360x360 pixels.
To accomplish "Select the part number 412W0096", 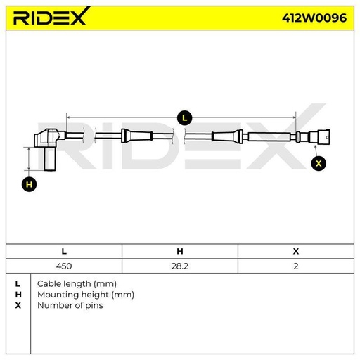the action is click(x=314, y=18).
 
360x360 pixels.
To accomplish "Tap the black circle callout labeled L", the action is click(x=184, y=118).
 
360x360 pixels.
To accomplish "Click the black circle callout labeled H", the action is click(x=29, y=184).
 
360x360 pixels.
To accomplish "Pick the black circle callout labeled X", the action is click(x=319, y=163).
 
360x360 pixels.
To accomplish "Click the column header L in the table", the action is click(x=64, y=251).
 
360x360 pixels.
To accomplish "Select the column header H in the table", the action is click(x=180, y=251).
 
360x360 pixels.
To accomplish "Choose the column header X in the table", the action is click(x=296, y=251).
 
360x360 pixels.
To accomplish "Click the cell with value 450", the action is click(x=64, y=266).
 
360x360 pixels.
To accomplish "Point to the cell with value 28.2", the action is click(x=180, y=266).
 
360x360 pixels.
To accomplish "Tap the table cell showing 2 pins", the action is click(x=296, y=266).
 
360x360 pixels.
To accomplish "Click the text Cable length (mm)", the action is click(x=77, y=284).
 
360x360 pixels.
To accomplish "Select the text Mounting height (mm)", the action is click(x=86, y=295).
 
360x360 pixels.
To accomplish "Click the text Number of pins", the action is click(x=70, y=305).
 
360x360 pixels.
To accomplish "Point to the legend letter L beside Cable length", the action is click(x=18, y=284).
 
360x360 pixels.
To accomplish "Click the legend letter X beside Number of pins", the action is click(x=18, y=305).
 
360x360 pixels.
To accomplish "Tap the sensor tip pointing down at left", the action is click(x=50, y=159).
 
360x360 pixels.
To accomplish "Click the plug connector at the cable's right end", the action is click(x=319, y=136).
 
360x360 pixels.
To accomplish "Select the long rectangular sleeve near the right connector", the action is click(x=269, y=136).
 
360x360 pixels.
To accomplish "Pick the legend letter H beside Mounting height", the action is click(x=18, y=295).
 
